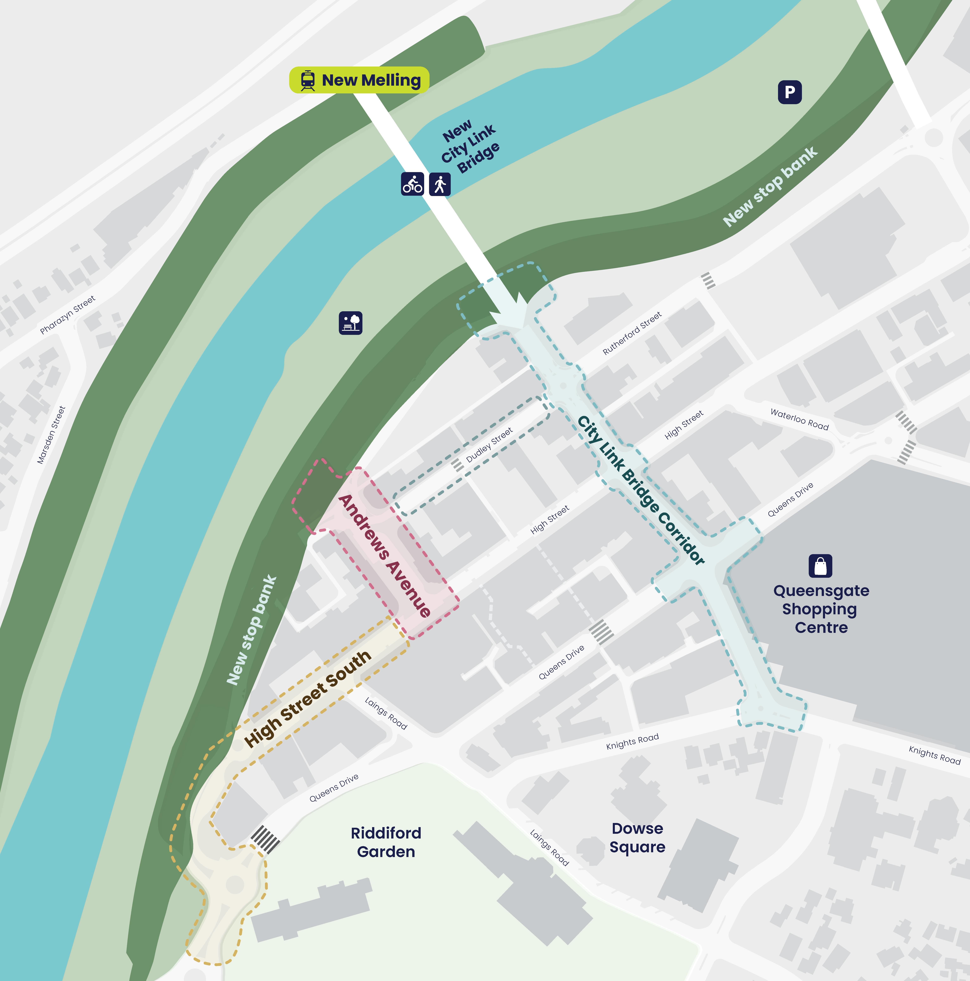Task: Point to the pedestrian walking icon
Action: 439,184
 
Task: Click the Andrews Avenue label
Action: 384,555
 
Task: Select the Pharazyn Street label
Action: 68,315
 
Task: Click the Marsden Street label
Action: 51,435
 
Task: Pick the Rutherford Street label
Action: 632,333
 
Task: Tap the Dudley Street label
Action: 489,445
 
